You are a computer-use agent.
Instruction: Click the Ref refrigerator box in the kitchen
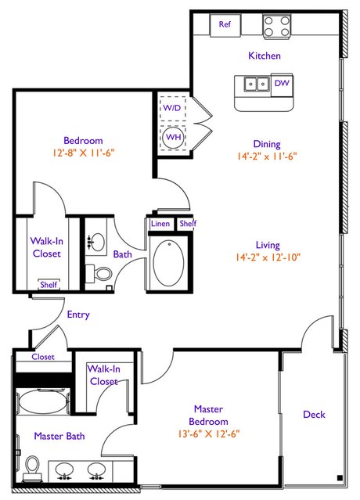pos(225,25)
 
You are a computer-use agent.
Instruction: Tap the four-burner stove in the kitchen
pos(277,26)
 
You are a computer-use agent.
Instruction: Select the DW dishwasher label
pos(282,83)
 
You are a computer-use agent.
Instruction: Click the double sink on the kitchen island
pos(257,85)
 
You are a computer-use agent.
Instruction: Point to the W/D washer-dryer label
pos(172,108)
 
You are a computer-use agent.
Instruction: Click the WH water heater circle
pos(174,138)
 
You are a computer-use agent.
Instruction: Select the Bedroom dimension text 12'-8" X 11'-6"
pos(84,153)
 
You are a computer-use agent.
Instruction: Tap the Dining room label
pos(267,144)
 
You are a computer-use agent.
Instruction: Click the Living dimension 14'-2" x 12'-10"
pos(268,257)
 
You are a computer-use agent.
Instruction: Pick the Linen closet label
pos(160,224)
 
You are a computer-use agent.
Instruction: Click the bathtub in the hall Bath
pos(169,263)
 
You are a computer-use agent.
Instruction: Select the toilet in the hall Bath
pos(99,274)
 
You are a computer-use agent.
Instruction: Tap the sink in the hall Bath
pos(95,241)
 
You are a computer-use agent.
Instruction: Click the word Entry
pos(78,315)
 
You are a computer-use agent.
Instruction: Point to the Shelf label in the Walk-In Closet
pos(49,284)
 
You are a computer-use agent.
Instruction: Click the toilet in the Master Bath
pos(32,469)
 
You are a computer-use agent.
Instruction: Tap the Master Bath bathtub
pos(43,401)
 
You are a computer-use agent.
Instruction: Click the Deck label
pos(314,414)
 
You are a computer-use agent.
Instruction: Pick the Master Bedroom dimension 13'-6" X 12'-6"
pos(209,434)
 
